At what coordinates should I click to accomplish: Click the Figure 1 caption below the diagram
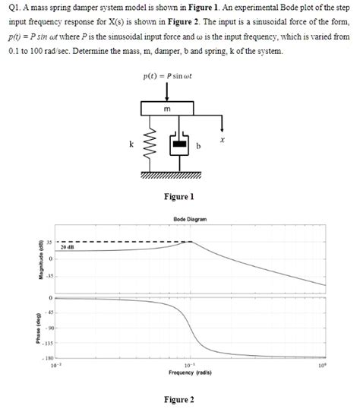pos(179,197)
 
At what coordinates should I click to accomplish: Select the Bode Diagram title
pos(190,220)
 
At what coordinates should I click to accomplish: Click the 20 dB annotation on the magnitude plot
pos(67,248)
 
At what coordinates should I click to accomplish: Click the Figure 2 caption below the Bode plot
pos(179,399)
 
